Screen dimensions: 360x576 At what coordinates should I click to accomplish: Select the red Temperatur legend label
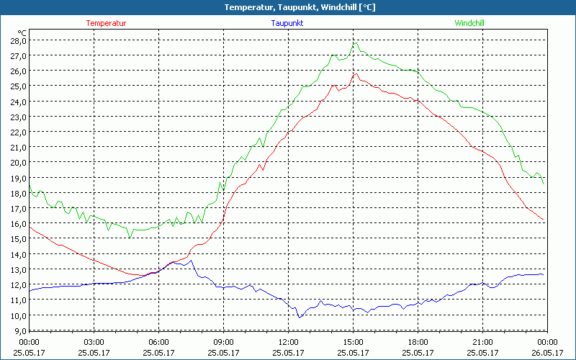(x=106, y=23)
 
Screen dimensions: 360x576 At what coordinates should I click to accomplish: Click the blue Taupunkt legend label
(x=288, y=23)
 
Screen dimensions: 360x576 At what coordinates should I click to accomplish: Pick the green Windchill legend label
(x=469, y=23)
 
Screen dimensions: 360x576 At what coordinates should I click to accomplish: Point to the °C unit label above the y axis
(x=22, y=32)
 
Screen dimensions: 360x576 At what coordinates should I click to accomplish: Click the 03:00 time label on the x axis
(x=94, y=342)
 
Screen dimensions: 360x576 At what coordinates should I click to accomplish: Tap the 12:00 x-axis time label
(x=288, y=342)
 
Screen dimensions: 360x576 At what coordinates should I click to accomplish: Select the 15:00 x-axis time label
(x=353, y=342)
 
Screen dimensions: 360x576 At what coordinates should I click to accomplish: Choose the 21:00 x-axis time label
(x=482, y=342)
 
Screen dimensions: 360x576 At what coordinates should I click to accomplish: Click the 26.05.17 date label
(x=547, y=352)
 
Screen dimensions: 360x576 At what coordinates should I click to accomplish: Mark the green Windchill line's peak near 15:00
(x=354, y=43)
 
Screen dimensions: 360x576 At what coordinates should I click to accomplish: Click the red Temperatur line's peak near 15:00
(x=354, y=73)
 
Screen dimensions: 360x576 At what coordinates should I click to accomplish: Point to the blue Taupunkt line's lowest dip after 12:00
(x=300, y=317)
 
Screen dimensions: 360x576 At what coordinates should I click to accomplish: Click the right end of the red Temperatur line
(x=543, y=220)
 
